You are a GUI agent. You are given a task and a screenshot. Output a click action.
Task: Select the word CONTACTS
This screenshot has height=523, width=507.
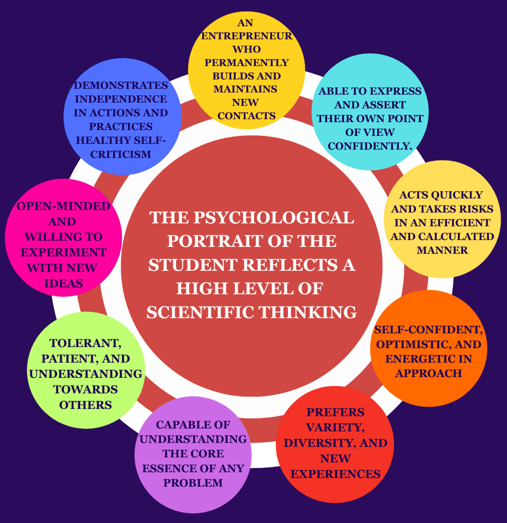(x=246, y=116)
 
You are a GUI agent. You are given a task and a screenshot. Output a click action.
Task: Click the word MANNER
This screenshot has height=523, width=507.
(x=442, y=250)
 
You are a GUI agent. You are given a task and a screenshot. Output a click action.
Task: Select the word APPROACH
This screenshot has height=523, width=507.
(x=428, y=373)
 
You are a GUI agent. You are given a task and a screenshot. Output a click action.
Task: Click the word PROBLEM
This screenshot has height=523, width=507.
(x=193, y=483)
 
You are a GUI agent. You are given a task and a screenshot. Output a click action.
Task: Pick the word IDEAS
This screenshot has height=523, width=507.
(x=64, y=283)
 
